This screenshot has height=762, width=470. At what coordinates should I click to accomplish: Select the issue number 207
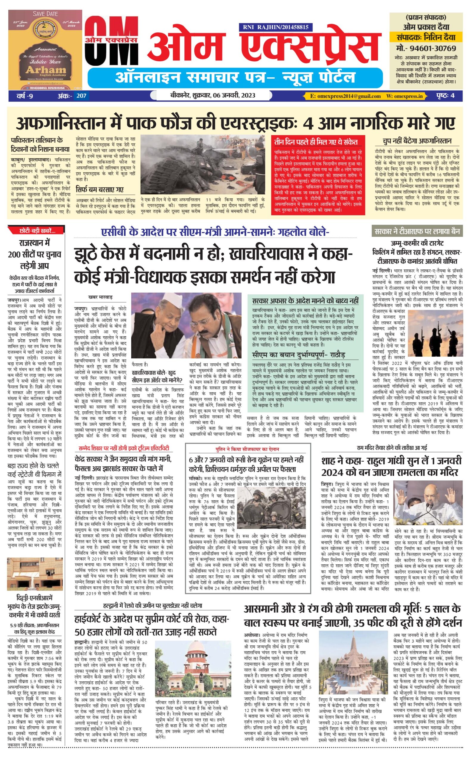(81, 96)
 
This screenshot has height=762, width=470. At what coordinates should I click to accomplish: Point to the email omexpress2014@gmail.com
(345, 96)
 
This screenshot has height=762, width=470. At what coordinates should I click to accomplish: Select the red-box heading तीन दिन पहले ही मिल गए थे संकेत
(316, 142)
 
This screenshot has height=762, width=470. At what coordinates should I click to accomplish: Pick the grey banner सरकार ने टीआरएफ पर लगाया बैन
(417, 231)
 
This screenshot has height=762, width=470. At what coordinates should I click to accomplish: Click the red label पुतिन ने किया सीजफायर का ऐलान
(248, 449)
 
